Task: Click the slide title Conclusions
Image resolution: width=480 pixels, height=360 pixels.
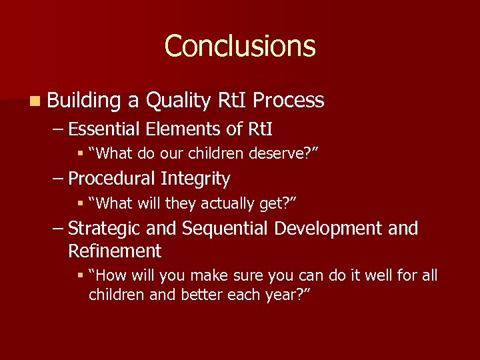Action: click(240, 46)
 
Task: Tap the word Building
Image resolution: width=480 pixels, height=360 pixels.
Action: click(84, 101)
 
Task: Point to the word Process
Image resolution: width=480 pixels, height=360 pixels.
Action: click(289, 101)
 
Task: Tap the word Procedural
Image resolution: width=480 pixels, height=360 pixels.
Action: click(111, 179)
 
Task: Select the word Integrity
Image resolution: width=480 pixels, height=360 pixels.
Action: click(195, 179)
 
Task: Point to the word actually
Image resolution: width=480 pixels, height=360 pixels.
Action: click(214, 204)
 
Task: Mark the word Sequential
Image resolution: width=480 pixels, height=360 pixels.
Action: click(223, 229)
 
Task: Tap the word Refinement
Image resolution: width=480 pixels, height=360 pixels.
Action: click(114, 251)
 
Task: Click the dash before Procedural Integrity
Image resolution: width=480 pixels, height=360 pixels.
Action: click(58, 179)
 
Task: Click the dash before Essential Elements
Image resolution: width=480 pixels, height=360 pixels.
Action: click(58, 129)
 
